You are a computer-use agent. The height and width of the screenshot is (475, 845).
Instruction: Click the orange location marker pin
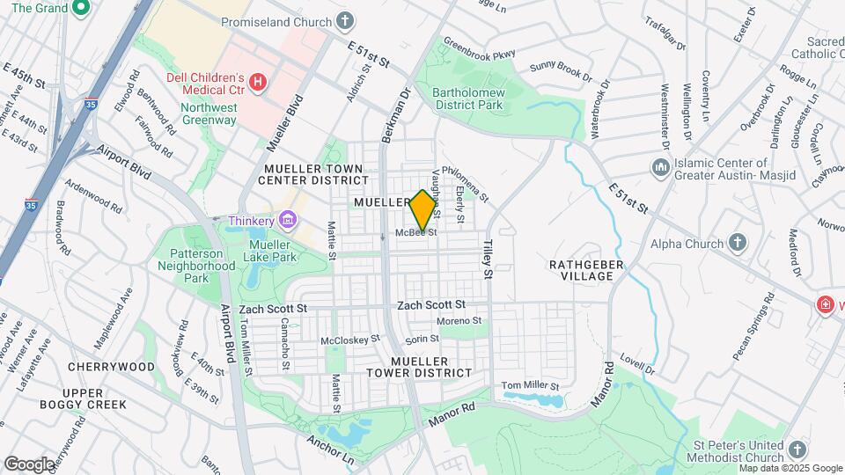[x=423, y=210]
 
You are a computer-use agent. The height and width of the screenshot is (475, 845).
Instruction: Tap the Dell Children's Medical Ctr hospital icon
[x=257, y=82]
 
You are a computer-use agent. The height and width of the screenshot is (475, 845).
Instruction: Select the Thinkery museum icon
[x=287, y=219]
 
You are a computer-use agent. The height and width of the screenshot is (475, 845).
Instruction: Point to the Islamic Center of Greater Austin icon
[x=661, y=167]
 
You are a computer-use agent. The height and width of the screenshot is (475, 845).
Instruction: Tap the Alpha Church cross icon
[x=738, y=243]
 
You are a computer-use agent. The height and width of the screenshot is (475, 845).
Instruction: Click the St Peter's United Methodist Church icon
[x=797, y=449]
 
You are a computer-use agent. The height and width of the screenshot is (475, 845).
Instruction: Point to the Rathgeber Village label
[x=586, y=270]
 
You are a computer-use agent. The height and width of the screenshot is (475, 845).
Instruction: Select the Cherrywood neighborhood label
[x=111, y=366]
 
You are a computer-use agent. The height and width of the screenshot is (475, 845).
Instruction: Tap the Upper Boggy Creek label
[x=83, y=398]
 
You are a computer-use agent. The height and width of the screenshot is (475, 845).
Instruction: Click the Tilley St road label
[x=486, y=259]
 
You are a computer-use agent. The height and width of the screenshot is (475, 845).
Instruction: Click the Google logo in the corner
[x=28, y=464]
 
